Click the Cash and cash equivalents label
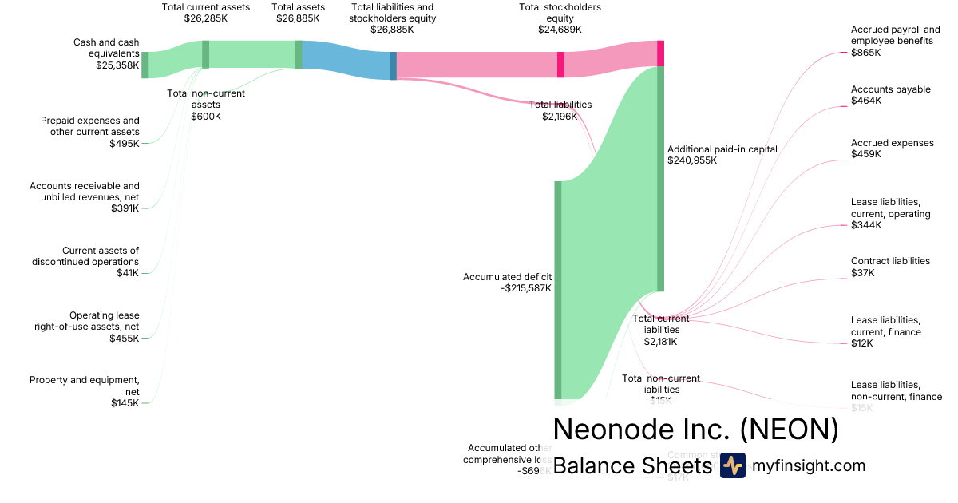tap(106, 48)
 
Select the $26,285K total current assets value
tap(205, 18)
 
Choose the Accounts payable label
tap(890, 89)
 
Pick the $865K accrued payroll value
tap(865, 53)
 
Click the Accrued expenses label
tap(892, 143)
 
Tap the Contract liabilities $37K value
tap(862, 273)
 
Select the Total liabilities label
tap(560, 105)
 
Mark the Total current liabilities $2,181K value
tap(660, 342)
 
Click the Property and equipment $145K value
tap(125, 403)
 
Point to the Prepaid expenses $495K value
tap(125, 144)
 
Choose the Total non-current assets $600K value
tap(206, 117)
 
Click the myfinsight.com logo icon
tap(732, 465)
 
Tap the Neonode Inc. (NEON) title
tap(695, 430)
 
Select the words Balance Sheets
tap(631, 466)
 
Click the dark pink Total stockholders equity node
tap(560, 65)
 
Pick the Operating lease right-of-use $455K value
tap(125, 339)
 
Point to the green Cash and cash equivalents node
tap(145, 65)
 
